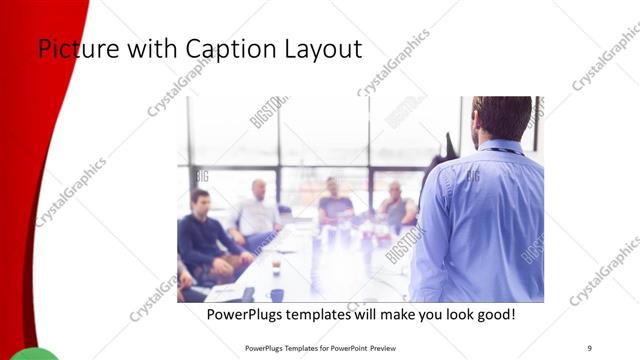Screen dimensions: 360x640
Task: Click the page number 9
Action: pyautogui.click(x=589, y=347)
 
